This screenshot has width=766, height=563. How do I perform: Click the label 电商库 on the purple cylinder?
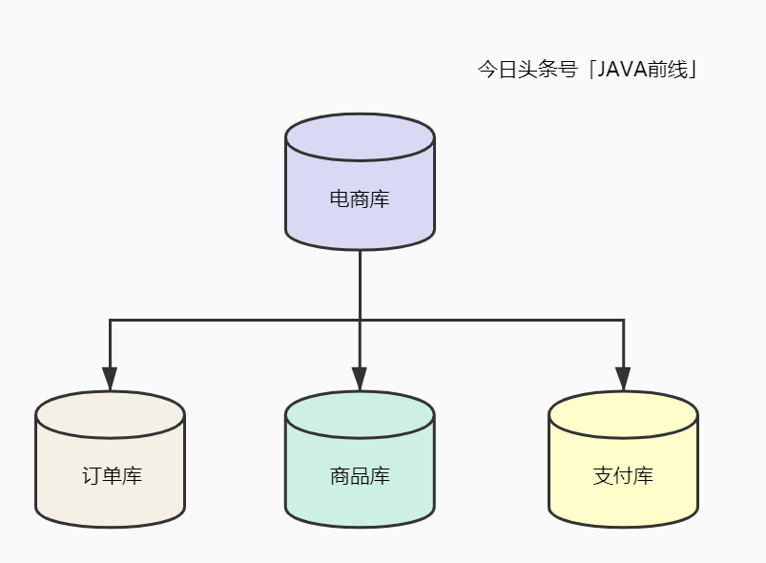coord(360,199)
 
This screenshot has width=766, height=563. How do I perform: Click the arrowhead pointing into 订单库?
coord(110,379)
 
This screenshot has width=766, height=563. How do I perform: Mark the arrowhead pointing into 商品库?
coord(360,379)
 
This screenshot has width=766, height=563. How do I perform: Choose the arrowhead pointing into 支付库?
coord(623,379)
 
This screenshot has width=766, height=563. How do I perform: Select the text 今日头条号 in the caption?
coord(528,71)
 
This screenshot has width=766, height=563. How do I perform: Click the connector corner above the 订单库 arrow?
coord(110,321)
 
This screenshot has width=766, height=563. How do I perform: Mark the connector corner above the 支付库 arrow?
coord(623,321)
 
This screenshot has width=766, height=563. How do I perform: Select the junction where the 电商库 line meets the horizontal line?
coord(360,321)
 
